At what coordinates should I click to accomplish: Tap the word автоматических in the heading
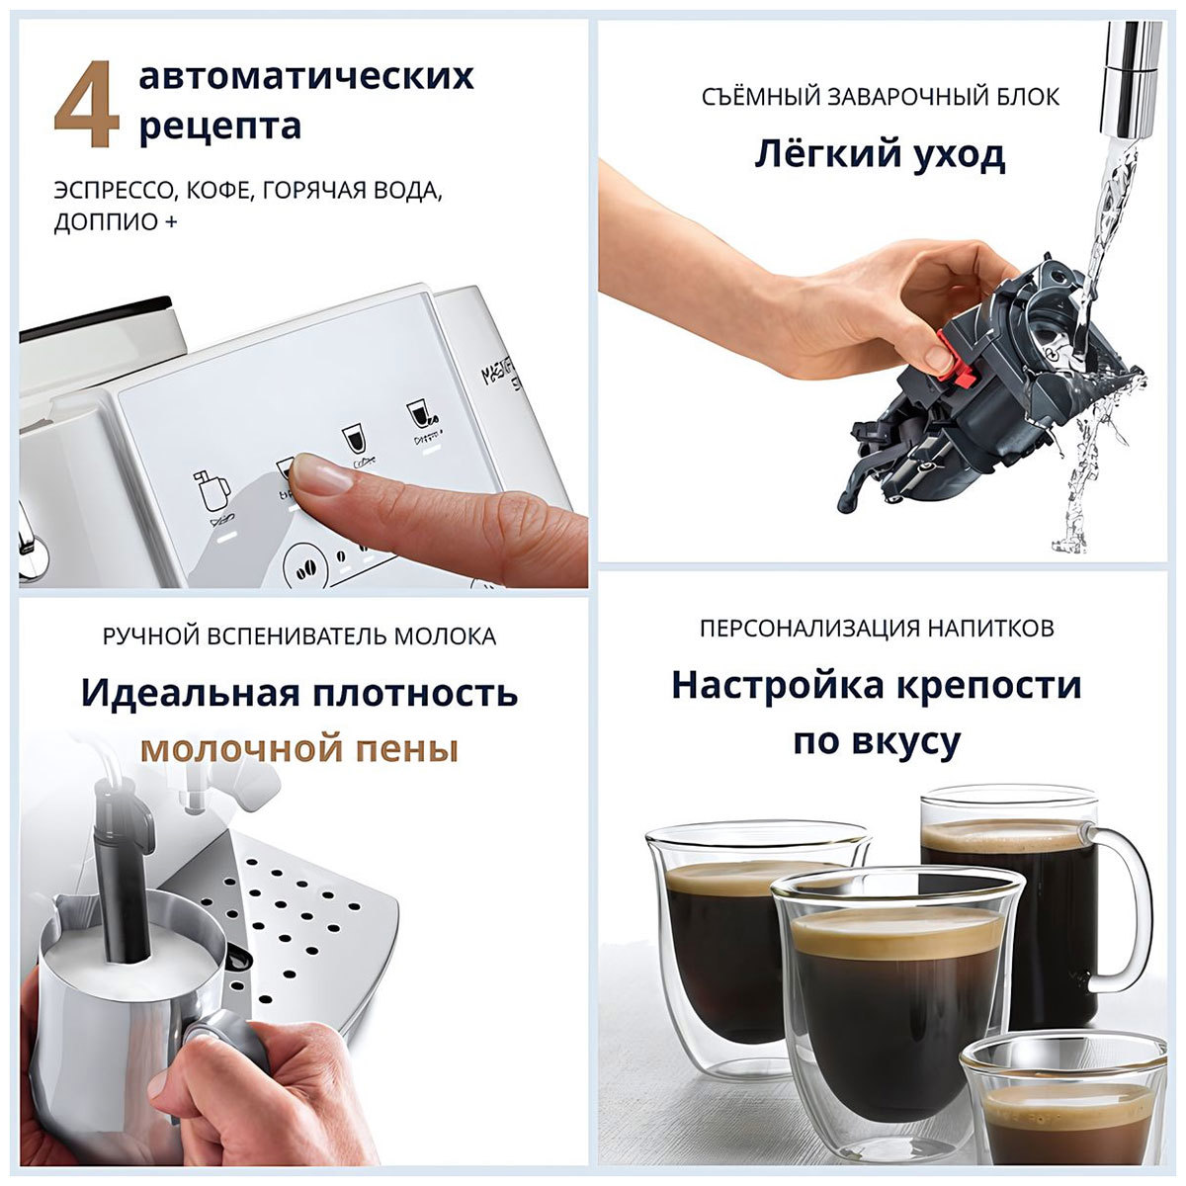click(306, 76)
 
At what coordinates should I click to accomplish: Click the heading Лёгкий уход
click(880, 154)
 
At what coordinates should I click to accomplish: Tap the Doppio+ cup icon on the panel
click(423, 416)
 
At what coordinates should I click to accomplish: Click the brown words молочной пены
click(298, 749)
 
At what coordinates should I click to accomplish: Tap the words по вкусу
click(876, 741)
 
